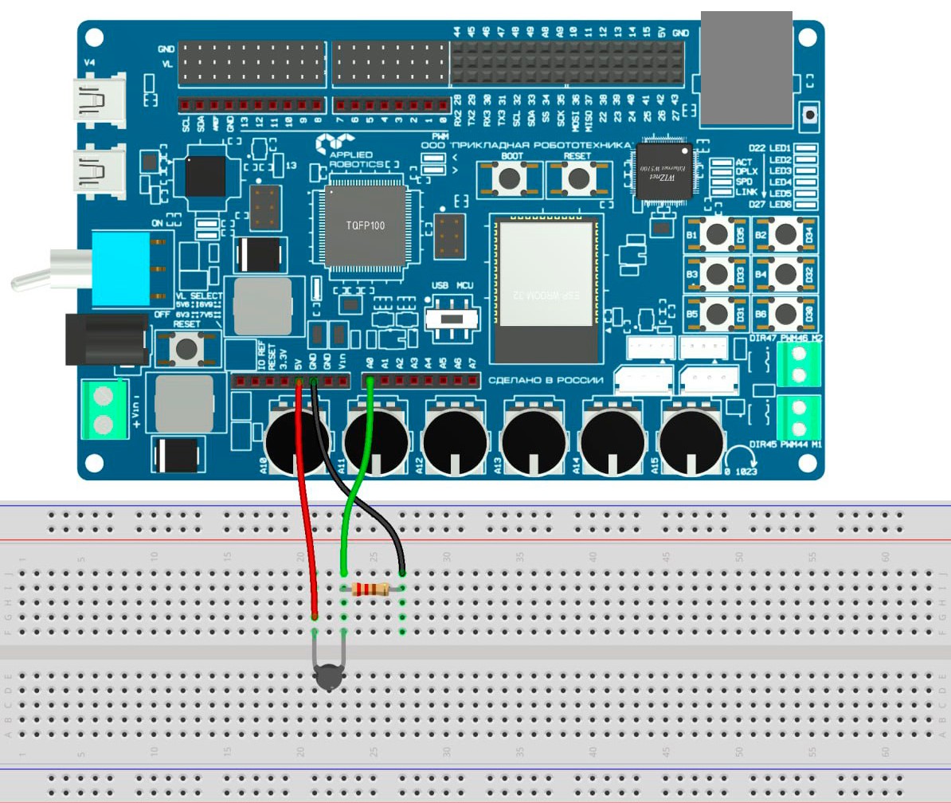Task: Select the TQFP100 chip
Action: [x=365, y=226]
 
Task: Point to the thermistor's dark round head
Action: [x=327, y=679]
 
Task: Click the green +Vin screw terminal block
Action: [x=105, y=409]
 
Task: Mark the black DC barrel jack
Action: [x=106, y=338]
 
